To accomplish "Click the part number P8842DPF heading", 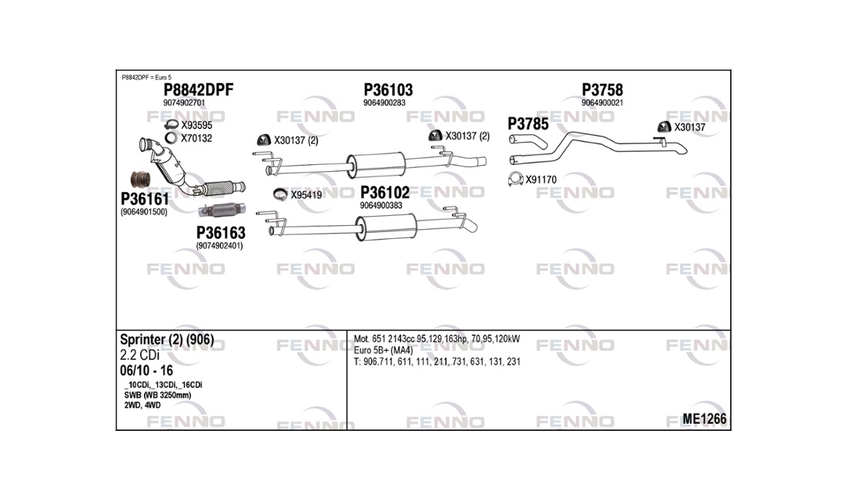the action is [x=198, y=89].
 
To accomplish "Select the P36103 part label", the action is [x=388, y=89].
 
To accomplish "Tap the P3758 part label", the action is [x=602, y=89].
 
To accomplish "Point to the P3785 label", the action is [x=527, y=124].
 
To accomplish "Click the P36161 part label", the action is [x=145, y=199].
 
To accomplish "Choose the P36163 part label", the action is [x=220, y=233].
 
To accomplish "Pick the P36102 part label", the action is [x=384, y=193].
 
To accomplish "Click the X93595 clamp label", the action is [x=196, y=126].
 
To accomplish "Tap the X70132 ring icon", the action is [x=171, y=138].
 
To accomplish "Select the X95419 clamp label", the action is [x=306, y=195].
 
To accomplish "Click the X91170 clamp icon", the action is [x=515, y=179].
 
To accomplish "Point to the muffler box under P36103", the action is [x=377, y=165].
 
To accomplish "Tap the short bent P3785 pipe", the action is [x=527, y=142].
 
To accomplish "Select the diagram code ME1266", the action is [x=704, y=419].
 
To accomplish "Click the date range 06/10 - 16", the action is [x=146, y=371].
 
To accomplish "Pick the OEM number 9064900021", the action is [x=602, y=103].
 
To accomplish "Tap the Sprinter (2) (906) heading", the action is [x=167, y=340].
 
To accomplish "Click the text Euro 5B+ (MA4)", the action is [x=383, y=350].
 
